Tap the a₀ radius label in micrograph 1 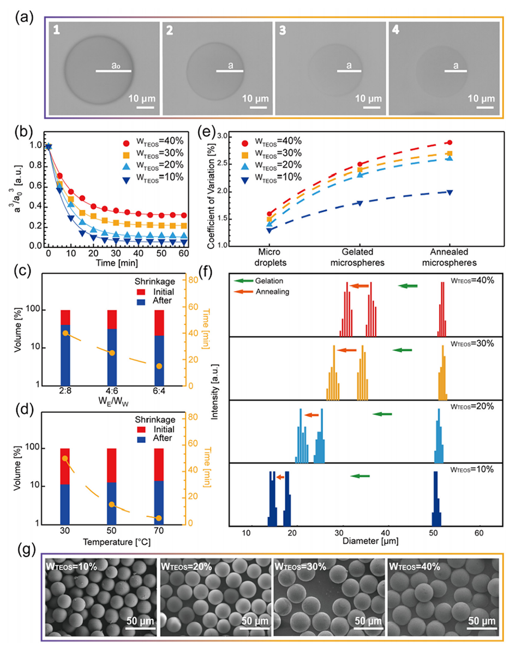tap(116, 64)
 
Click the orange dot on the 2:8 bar tap(65, 333)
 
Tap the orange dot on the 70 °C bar tap(159, 518)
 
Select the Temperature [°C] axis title tap(112, 542)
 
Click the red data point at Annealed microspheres tap(449, 143)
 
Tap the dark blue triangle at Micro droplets tap(269, 230)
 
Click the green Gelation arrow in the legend tap(238, 280)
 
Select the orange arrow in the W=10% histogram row tap(280, 477)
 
